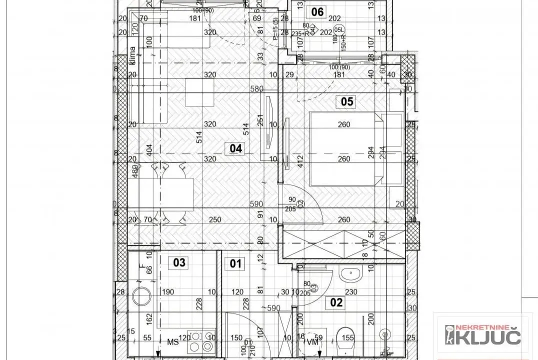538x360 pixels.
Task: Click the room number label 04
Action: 235,148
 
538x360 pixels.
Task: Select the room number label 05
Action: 347,102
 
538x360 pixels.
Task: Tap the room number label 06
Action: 317,12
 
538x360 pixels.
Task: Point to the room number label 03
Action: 179,262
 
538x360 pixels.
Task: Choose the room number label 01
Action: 235,262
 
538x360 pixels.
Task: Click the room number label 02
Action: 337,301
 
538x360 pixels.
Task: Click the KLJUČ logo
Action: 479,334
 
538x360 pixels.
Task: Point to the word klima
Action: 133,56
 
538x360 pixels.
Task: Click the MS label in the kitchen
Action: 172,342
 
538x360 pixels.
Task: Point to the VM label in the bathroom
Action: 311,341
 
